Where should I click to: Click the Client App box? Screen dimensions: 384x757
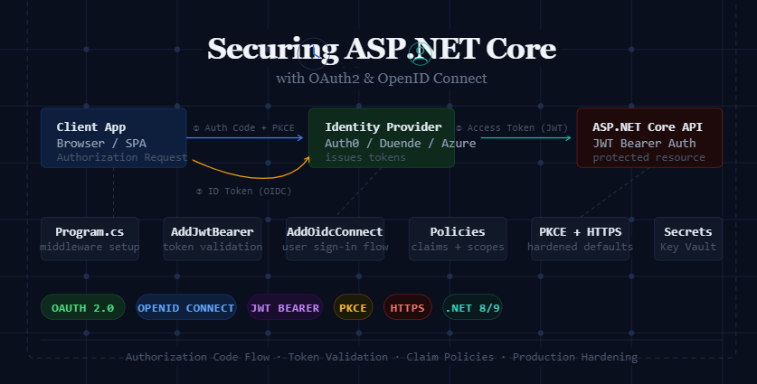pos(113,138)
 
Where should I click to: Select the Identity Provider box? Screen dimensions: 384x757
pos(381,138)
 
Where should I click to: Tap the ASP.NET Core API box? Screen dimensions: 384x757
pos(648,138)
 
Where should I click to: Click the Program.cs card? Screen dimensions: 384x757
pos(90,239)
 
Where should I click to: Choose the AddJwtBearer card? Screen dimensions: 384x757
pos(212,239)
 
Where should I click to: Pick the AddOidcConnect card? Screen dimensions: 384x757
pos(335,239)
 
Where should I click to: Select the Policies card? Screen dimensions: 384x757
pos(458,239)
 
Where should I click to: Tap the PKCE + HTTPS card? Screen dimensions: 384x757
pos(580,239)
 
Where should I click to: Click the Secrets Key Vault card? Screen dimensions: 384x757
pos(688,239)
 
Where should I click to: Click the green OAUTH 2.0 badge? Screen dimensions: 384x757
pos(82,307)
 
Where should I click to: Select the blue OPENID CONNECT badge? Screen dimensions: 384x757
pos(185,307)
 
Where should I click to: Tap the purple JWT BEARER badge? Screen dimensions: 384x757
pos(285,307)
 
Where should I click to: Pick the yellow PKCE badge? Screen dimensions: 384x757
pos(353,307)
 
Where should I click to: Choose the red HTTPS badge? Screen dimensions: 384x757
pos(408,307)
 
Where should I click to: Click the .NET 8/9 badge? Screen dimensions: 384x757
pos(472,307)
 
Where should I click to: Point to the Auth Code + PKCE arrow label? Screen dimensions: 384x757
pos(243,128)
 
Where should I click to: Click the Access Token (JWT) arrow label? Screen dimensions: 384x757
pos(511,128)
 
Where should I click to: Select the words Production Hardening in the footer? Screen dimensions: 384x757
pos(574,357)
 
